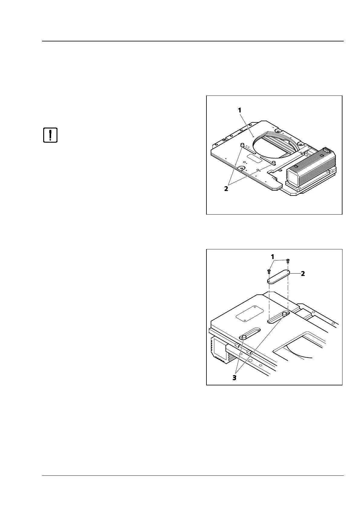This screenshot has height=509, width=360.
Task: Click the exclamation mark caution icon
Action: click(50, 135)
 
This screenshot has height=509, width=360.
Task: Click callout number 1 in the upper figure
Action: click(240, 110)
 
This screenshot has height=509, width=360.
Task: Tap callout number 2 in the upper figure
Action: click(226, 189)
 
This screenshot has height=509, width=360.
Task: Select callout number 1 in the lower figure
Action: click(273, 257)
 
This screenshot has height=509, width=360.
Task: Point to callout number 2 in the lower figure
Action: click(303, 274)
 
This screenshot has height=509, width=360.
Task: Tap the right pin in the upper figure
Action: click(274, 164)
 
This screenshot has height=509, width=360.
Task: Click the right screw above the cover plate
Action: click(288, 260)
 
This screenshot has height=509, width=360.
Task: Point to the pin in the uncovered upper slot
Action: click(284, 315)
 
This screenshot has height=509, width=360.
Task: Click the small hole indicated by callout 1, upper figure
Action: click(253, 136)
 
